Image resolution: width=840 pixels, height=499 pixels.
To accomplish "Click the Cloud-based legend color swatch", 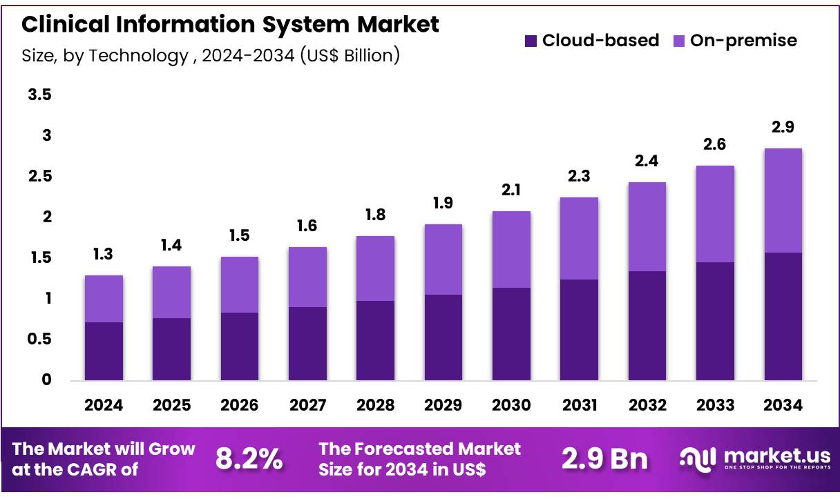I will tap(531, 41).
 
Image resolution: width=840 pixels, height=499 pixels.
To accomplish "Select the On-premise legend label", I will tap(743, 41).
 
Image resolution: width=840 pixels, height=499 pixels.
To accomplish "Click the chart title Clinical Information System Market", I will tap(230, 24).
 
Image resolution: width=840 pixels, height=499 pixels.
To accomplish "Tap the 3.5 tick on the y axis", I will tap(39, 95).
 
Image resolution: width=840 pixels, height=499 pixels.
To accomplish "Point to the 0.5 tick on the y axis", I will tap(39, 339).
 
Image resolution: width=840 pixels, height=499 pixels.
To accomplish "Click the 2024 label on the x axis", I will tap(104, 405).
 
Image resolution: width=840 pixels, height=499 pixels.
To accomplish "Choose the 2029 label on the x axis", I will tap(443, 405).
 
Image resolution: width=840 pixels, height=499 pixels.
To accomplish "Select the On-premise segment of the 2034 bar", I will tap(783, 200).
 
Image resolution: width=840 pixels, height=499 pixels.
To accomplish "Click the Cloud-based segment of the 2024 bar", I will tap(104, 351).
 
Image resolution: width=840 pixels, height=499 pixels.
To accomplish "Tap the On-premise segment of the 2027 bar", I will tap(307, 277).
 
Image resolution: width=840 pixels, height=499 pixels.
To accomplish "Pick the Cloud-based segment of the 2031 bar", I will tap(579, 329).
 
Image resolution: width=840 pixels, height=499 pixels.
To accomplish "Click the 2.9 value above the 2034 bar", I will tap(783, 127).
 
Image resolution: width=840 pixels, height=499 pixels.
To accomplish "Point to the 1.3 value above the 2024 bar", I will tap(104, 254).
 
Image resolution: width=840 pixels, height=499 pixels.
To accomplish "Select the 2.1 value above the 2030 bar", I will tap(511, 190).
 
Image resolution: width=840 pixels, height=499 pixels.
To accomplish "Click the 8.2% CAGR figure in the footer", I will tap(249, 458).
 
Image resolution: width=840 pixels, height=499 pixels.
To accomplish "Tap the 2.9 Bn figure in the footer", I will tap(604, 458).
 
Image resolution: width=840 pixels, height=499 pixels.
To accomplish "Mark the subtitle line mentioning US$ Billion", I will tap(211, 55).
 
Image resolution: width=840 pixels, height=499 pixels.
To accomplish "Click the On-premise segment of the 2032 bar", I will tap(647, 226).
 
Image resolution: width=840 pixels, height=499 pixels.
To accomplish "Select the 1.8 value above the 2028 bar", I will tap(375, 215).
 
